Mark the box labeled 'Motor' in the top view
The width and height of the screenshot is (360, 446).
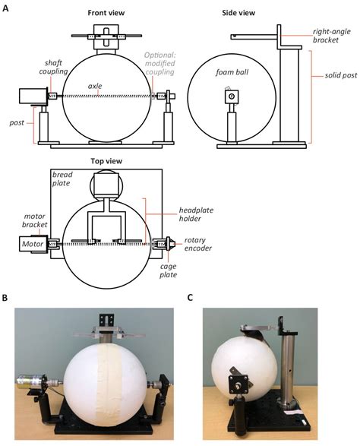point(30,245)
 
